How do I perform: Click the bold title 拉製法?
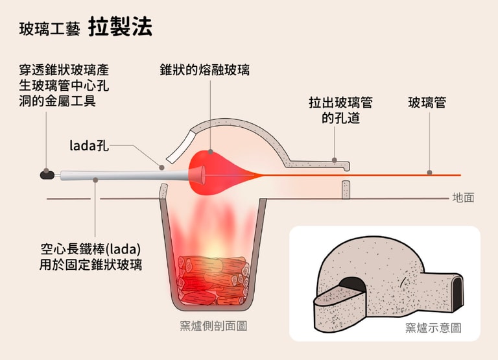pos(120,26)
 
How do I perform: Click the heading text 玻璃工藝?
pos(49,29)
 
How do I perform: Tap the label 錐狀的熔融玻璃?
pos(205,70)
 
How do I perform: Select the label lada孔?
pos(89,145)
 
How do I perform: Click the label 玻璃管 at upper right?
pos(427,102)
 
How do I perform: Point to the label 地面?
pos(464,198)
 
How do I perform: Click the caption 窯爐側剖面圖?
pos(213,326)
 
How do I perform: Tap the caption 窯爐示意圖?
pos(433,328)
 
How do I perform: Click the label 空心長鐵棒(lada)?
pos(91,249)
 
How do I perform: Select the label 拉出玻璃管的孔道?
pos(340,110)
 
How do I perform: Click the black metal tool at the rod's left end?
pos(47,174)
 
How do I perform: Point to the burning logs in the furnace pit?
pos(213,280)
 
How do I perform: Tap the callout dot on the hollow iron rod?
pos(95,180)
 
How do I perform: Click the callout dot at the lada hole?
pos(161,167)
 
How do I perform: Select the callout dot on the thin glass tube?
pos(429,173)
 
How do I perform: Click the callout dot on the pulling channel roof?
pos(334,160)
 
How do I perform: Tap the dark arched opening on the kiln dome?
pos(352,284)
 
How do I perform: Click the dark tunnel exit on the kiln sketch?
pos(456,293)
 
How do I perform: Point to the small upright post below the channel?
pos(346,189)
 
